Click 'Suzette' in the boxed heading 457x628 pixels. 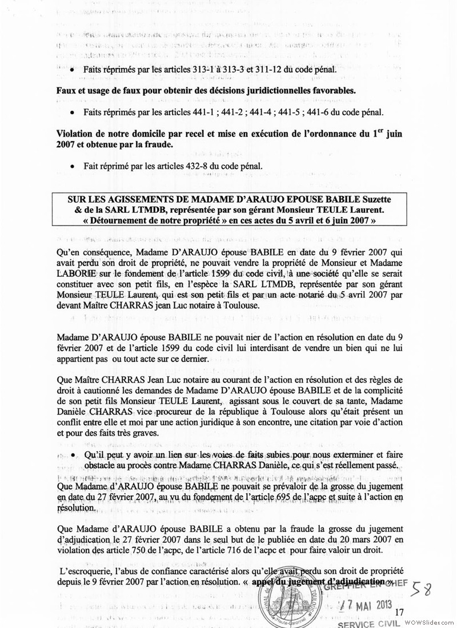tap(374, 199)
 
